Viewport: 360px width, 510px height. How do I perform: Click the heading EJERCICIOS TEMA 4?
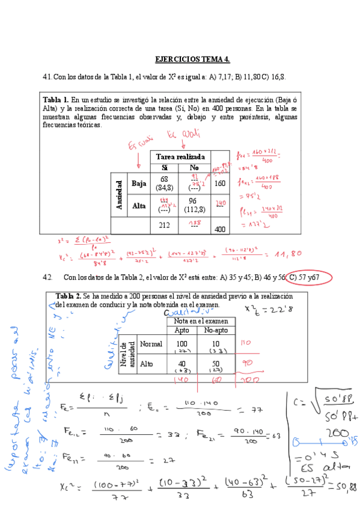tap(192, 60)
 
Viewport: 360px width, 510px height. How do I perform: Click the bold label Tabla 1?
tap(56, 99)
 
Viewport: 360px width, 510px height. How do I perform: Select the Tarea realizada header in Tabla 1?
tap(180, 157)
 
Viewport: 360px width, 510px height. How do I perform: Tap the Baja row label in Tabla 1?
tap(139, 183)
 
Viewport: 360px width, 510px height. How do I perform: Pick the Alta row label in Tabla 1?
tap(139, 206)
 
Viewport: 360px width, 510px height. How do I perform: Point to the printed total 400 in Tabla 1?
tap(221, 229)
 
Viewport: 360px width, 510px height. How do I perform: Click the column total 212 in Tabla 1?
tap(164, 226)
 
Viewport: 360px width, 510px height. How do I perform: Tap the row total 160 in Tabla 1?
tap(221, 183)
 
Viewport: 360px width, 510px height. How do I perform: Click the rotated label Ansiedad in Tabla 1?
tap(119, 195)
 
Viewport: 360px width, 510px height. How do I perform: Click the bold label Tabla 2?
tap(68, 296)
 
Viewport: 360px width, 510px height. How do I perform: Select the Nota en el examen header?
tap(201, 321)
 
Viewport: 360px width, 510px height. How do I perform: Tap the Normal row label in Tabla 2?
tap(150, 344)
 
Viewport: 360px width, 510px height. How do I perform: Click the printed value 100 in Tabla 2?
tap(181, 342)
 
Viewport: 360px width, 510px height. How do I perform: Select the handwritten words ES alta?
tap(320, 465)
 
